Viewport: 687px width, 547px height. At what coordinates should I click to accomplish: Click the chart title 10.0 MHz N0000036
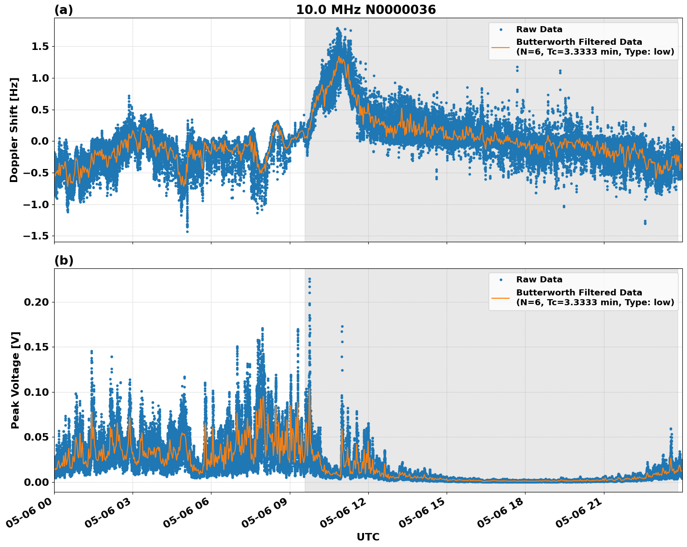(365, 10)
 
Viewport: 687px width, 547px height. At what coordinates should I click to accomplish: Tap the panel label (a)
(63, 10)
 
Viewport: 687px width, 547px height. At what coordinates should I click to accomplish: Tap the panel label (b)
(63, 260)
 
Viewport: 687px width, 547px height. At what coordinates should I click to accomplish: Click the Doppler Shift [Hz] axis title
(14, 130)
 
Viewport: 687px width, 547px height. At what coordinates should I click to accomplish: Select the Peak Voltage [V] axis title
(15, 380)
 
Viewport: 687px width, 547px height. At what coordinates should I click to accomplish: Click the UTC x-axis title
(368, 537)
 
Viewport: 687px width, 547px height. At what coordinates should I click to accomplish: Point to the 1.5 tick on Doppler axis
(40, 46)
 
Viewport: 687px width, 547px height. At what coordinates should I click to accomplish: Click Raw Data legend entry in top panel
(539, 29)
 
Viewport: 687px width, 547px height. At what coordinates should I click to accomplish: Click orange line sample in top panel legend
(501, 47)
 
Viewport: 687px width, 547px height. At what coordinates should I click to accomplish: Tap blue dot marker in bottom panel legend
(501, 280)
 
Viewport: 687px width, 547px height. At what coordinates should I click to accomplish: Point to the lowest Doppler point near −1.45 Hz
(187, 231)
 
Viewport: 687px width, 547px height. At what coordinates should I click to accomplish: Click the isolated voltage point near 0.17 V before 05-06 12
(342, 327)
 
